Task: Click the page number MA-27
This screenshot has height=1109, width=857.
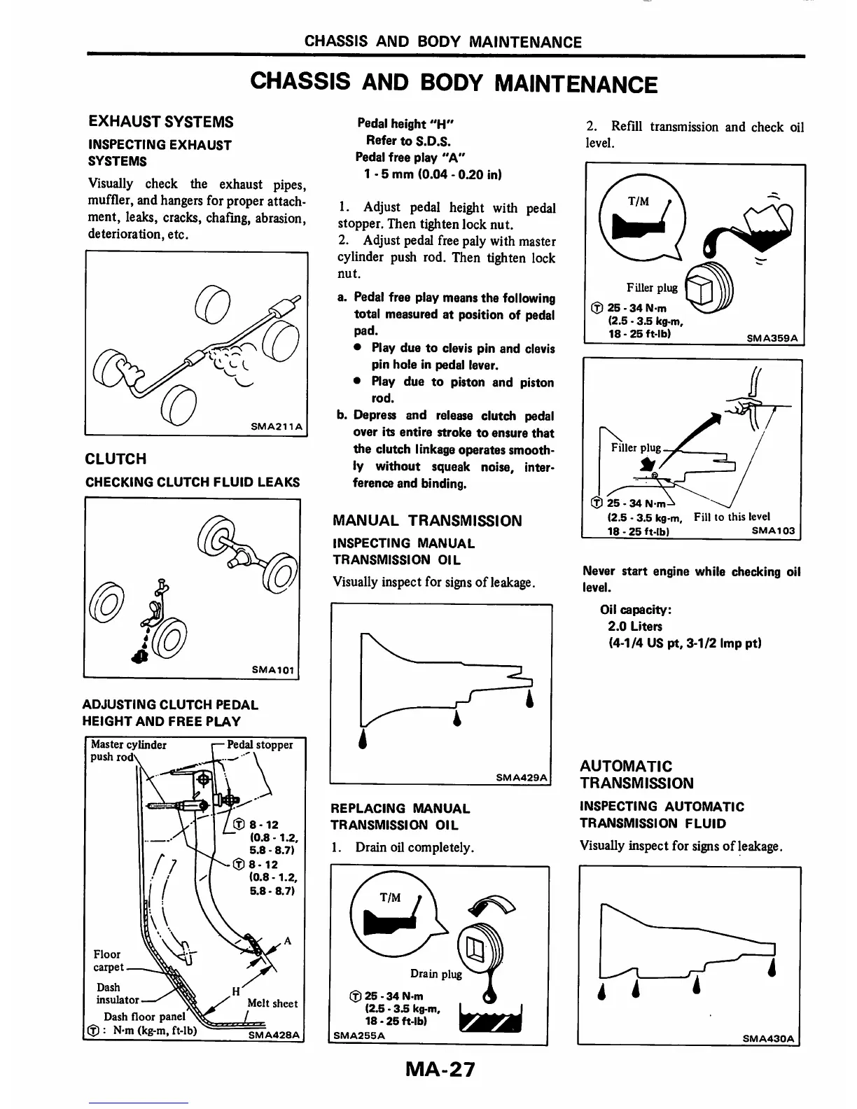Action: [x=439, y=1069]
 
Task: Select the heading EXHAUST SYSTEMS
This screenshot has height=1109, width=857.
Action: [x=161, y=122]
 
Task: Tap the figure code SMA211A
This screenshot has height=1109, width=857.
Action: [x=275, y=426]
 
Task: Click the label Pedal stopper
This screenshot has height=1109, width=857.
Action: [x=260, y=745]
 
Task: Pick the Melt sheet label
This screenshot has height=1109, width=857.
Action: [x=272, y=1003]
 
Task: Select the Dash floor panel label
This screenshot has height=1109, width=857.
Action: [x=144, y=1017]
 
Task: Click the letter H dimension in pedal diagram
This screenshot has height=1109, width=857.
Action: [x=237, y=991]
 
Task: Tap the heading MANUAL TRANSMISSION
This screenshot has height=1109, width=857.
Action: [x=427, y=521]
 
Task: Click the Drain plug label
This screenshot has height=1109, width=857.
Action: [x=436, y=974]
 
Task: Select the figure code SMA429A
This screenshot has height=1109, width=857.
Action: [x=522, y=777]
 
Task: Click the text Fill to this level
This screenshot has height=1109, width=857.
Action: [x=732, y=517]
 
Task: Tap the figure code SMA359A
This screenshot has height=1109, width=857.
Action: [x=774, y=337]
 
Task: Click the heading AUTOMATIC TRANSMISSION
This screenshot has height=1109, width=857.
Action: [x=636, y=774]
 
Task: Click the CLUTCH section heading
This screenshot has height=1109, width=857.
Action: [x=116, y=459]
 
